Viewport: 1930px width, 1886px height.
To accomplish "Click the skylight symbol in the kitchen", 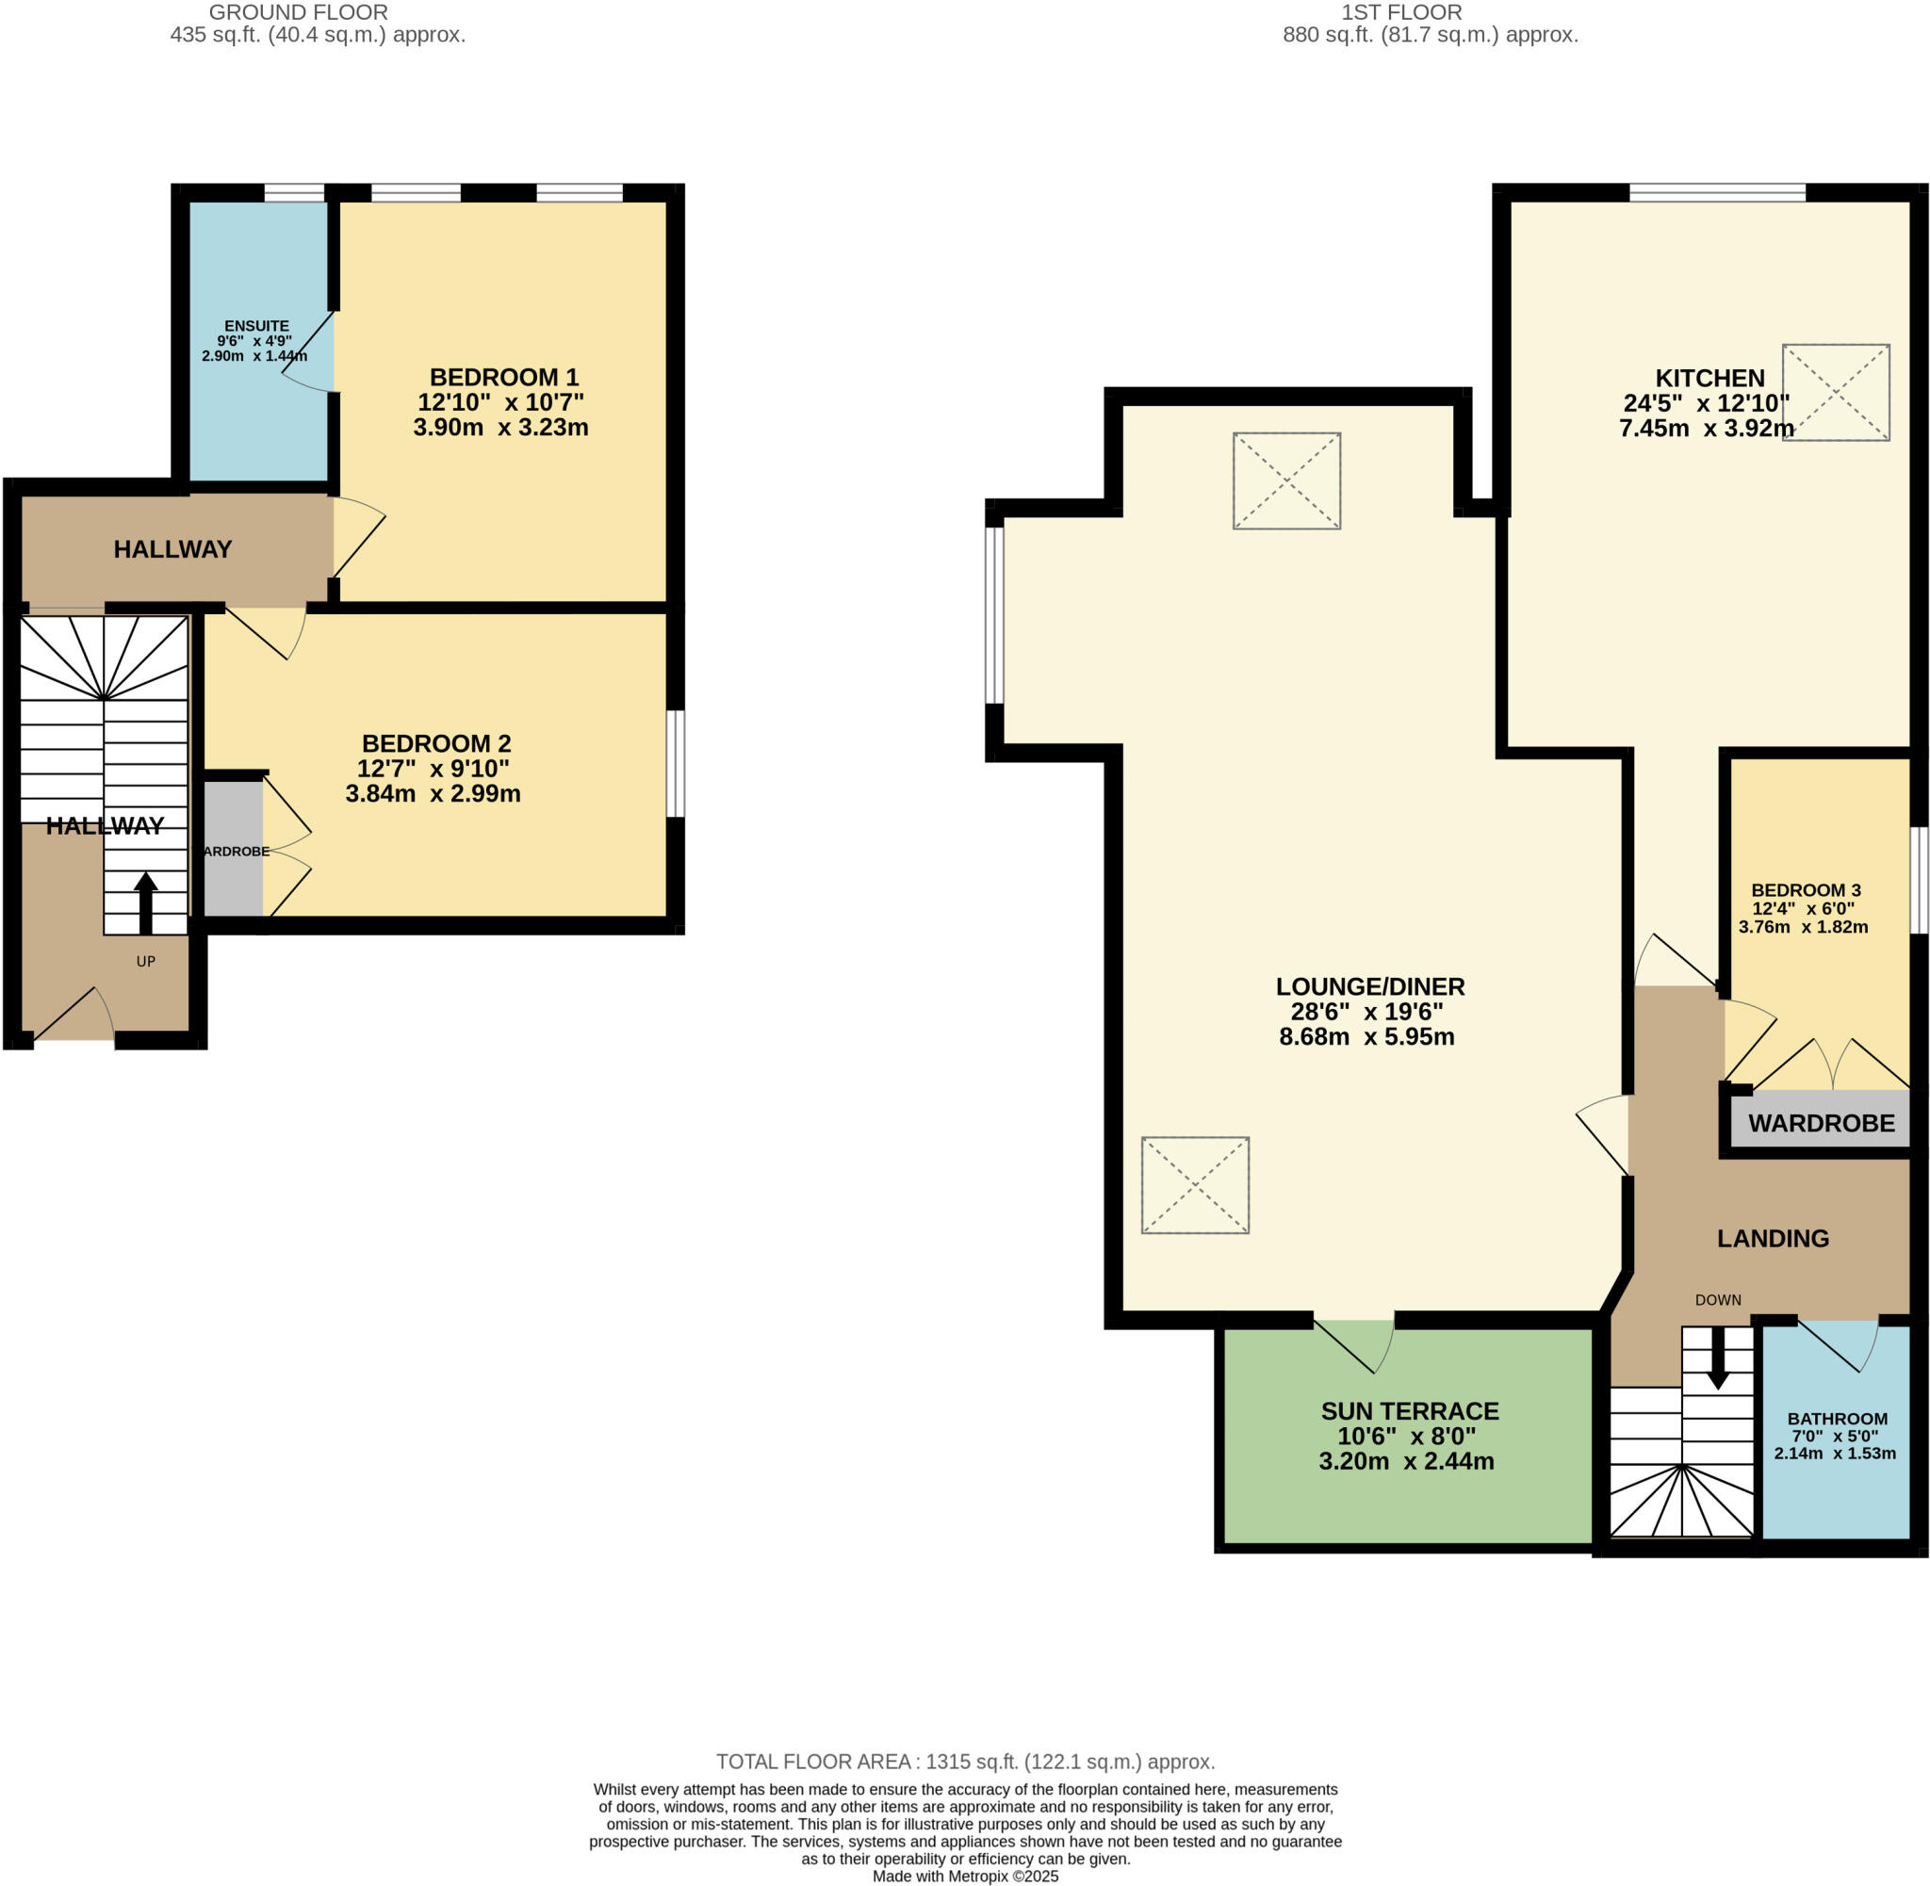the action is [1835, 392].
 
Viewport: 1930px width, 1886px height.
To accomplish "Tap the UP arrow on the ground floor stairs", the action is [146, 902].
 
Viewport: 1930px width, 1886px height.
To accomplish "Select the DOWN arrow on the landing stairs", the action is [1717, 1358].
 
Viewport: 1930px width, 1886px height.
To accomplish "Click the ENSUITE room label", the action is [256, 326].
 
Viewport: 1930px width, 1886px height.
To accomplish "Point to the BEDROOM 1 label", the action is [503, 378].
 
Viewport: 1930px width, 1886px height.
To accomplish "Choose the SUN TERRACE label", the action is [1409, 1411].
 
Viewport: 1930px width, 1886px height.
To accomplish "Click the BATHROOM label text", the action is [1837, 1419].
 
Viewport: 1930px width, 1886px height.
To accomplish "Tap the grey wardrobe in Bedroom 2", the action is [234, 849].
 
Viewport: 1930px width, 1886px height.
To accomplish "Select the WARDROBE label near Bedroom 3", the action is [1821, 1123].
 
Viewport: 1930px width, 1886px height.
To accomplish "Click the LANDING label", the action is [1773, 1238].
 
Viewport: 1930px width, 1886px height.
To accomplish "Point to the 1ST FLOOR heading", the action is [1400, 13].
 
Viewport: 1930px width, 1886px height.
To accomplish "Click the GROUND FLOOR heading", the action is [298, 13].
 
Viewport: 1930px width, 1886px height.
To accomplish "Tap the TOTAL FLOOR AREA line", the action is [965, 1763].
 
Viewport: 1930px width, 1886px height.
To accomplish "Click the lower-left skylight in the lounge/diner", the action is [1195, 1185].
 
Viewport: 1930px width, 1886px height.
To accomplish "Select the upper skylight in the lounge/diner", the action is [1286, 480].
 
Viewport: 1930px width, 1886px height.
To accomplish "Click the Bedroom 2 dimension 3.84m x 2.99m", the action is [433, 793].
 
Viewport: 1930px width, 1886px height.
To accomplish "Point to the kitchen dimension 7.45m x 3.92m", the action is [1706, 429].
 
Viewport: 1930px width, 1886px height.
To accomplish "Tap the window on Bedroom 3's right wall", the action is [1919, 881].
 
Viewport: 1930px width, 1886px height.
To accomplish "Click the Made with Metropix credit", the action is [965, 1876].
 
